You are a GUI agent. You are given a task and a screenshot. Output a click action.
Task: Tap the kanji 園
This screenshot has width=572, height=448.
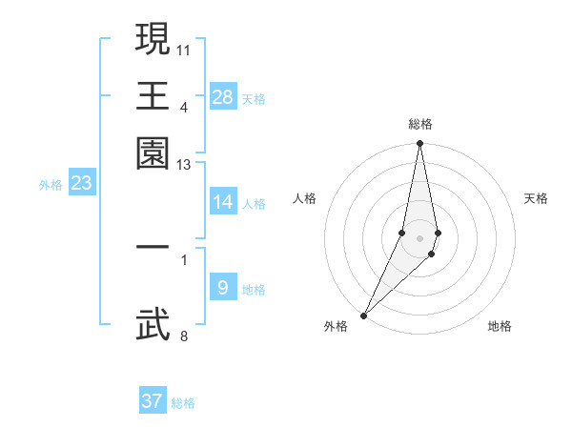pos(153,153)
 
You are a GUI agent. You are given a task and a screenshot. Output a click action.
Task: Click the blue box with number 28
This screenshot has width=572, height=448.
pos(223,97)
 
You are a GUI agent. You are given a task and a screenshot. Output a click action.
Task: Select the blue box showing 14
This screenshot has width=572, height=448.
pos(223,202)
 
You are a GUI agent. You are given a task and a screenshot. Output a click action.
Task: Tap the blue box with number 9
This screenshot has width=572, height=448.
pos(223,288)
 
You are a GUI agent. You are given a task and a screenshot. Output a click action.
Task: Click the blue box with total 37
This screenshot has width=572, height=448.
pos(153,401)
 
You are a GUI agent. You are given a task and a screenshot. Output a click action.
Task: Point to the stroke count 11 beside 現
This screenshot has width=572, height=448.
pos(185,48)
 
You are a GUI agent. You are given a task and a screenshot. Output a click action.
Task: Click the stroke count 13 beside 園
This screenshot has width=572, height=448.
pos(184,165)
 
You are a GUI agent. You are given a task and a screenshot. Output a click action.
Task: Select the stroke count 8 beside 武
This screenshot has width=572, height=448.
pos(184,335)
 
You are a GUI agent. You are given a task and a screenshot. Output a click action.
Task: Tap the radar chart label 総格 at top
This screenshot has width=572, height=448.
pos(420,124)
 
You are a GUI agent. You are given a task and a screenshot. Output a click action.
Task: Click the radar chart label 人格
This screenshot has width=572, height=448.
pos(304,198)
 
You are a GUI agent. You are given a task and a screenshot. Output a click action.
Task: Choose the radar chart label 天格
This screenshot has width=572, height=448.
pos(536,198)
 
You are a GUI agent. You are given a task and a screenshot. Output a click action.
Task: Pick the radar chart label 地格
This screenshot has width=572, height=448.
pos(500,327)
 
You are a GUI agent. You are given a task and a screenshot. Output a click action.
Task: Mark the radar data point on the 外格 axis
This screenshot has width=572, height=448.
pos(364,315)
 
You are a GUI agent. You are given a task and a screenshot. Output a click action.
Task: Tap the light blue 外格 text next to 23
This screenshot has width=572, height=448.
pos(50,185)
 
